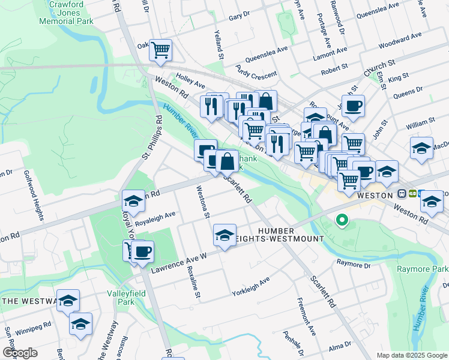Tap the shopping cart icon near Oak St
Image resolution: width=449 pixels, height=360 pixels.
coord(160,50)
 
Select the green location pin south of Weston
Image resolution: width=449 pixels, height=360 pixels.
coord(342,221)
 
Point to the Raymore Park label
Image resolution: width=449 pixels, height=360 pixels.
coord(423,269)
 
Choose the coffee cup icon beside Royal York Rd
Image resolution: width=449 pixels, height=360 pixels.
coord(142,252)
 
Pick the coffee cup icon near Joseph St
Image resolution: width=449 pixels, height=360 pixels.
coord(353,106)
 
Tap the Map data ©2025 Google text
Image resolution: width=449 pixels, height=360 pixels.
coord(412,355)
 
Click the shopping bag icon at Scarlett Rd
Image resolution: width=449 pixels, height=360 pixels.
coord(228,161)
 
